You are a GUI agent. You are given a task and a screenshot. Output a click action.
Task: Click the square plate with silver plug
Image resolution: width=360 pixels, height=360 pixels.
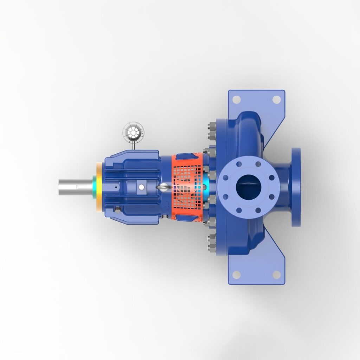pos(141,187)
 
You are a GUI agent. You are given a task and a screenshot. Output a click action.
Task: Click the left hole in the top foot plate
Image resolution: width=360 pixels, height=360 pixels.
pos(237,99)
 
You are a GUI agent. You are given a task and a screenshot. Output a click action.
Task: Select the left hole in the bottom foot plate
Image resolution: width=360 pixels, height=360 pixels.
pos(237,275)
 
